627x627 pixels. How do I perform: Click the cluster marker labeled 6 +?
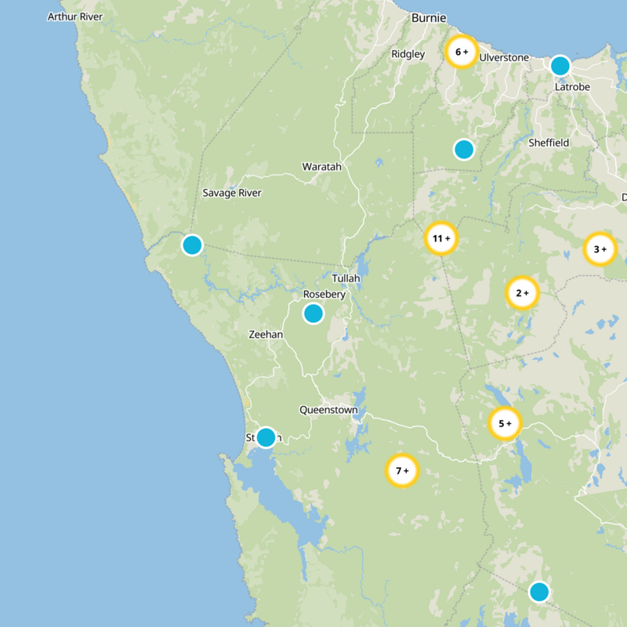pyautogui.click(x=461, y=53)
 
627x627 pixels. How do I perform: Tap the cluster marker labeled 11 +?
pyautogui.click(x=441, y=238)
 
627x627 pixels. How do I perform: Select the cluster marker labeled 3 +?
pyautogui.click(x=600, y=250)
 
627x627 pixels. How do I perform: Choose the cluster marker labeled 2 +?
pyautogui.click(x=522, y=294)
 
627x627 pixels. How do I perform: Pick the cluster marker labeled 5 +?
pyautogui.click(x=505, y=424)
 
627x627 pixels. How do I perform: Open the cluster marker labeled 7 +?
pyautogui.click(x=402, y=471)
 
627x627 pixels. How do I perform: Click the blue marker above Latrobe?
pyautogui.click(x=560, y=66)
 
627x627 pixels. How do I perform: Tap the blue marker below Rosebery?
pyautogui.click(x=313, y=314)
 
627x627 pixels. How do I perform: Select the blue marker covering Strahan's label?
pyautogui.click(x=266, y=437)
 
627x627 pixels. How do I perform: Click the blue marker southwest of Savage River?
pyautogui.click(x=192, y=245)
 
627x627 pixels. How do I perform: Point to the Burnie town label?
pyautogui.click(x=429, y=17)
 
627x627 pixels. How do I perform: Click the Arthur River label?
pyautogui.click(x=75, y=16)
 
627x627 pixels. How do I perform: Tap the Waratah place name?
pyautogui.click(x=322, y=167)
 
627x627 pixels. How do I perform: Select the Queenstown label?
pyautogui.click(x=328, y=410)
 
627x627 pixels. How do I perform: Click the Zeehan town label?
pyautogui.click(x=265, y=334)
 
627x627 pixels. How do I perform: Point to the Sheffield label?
pyautogui.click(x=549, y=143)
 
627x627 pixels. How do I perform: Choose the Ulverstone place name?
pyautogui.click(x=504, y=58)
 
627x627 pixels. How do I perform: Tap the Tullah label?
pyautogui.click(x=346, y=278)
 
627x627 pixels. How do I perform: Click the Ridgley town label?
pyautogui.click(x=408, y=54)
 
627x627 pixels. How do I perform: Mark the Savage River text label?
pyautogui.click(x=232, y=193)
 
